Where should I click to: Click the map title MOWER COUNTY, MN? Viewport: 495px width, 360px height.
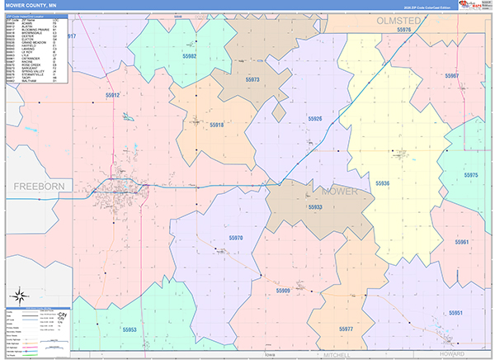32,6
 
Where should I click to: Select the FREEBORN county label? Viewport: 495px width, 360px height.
39,187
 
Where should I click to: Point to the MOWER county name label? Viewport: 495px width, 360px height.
341,191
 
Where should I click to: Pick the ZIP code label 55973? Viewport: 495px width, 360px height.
252,80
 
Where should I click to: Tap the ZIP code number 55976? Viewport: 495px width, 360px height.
404,30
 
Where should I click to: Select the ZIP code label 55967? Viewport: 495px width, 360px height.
451,75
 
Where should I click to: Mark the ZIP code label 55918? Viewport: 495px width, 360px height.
216,125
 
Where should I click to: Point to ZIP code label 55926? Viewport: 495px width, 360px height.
314,119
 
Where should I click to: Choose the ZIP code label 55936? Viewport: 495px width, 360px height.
383,182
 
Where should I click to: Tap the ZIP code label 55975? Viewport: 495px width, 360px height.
471,175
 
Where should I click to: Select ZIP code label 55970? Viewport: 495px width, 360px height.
236,238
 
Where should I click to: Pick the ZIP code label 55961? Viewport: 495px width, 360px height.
460,242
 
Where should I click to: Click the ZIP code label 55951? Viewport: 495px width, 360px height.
456,313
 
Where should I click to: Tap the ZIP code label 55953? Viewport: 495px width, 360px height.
130,329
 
